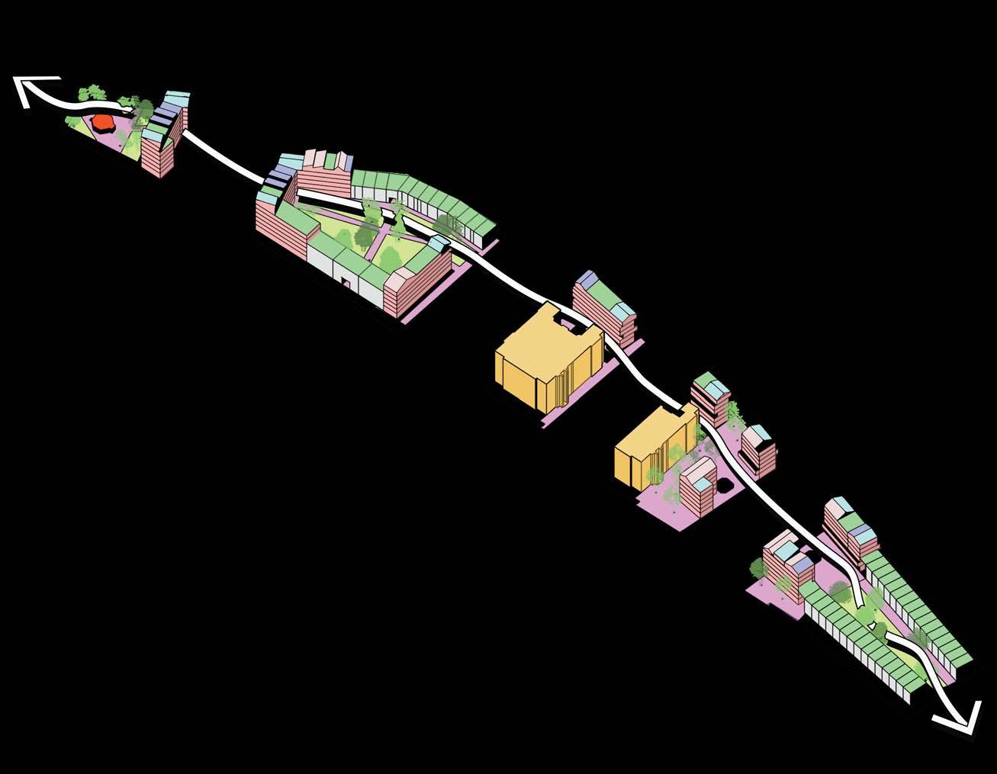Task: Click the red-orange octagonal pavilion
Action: tap(101, 123)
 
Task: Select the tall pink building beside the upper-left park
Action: tap(162, 149)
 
